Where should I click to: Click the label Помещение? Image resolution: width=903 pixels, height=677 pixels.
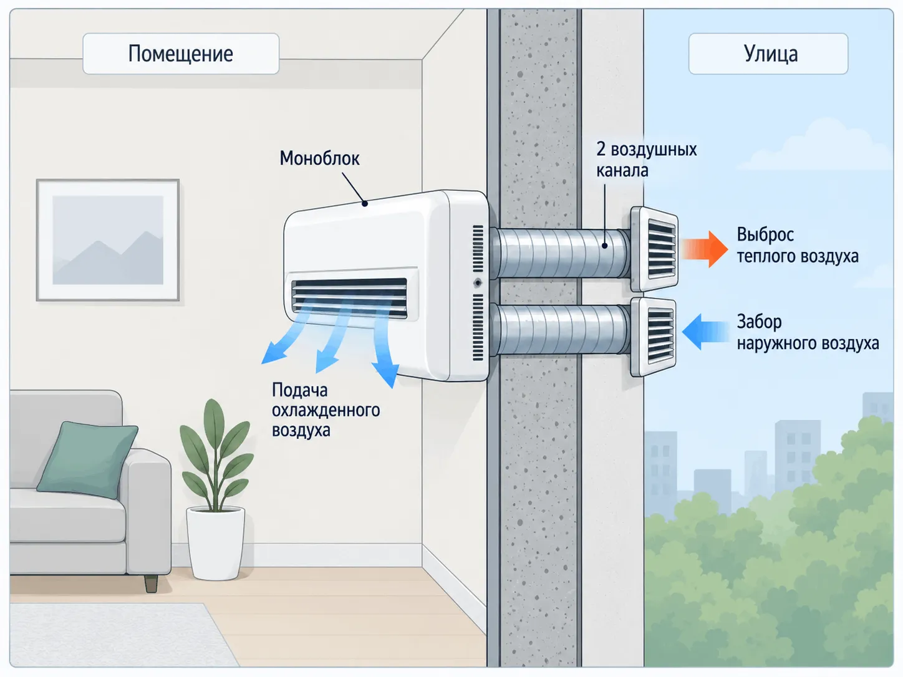coord(181,54)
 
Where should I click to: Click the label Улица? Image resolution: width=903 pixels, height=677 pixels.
coord(771,54)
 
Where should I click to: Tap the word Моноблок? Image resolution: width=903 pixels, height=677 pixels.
coord(320,158)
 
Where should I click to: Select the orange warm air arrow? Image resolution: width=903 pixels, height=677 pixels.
coord(704,249)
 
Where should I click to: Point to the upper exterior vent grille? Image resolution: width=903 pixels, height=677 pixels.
coord(655,249)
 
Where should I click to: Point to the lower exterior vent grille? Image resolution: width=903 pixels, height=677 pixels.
coord(654,337)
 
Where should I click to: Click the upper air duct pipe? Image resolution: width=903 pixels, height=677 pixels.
coord(560,253)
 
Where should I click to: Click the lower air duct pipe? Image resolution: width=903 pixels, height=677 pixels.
coord(560,330)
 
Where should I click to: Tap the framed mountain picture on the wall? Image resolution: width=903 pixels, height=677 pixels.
coord(108,240)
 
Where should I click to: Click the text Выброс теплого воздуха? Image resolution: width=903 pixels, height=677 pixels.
coord(797,246)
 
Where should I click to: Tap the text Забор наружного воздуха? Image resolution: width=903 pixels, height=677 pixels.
coord(808,332)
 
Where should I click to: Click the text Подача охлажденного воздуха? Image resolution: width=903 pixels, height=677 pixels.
coord(326,410)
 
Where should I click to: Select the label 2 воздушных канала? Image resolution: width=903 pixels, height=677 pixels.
coord(647,160)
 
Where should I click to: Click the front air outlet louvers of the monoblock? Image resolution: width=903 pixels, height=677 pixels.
coord(349,297)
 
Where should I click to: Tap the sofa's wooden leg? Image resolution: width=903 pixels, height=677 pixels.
coord(151,583)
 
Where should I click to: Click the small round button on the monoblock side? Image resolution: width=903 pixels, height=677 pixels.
coord(478,283)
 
